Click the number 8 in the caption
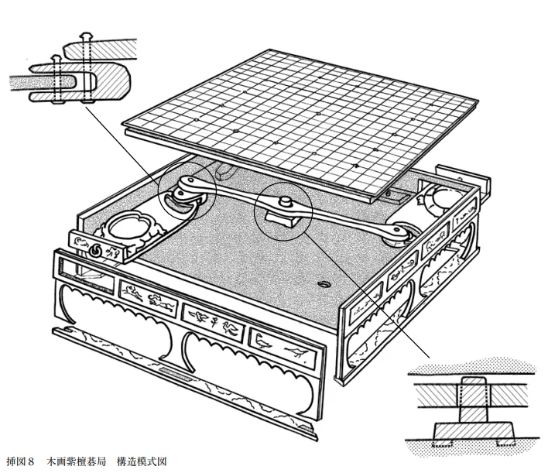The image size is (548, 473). coord(30,462)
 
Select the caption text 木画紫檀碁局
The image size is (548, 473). coord(77,462)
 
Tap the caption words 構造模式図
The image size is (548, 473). coord(142,462)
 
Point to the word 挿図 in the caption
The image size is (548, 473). coord(15,462)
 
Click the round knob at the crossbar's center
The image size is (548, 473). coord(286,201)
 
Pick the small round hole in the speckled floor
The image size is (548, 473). coord(324,284)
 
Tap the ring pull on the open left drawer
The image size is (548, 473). coord(95,250)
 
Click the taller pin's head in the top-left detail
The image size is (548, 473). coord(85,36)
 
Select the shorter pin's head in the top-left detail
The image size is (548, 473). coord(56,58)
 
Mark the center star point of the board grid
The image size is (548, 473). coord(318,114)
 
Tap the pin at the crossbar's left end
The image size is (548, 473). coord(190,180)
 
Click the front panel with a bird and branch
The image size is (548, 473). coord(283,347)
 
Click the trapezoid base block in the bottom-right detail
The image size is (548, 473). coord(474,431)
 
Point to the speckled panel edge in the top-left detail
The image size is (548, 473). coord(42,84)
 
